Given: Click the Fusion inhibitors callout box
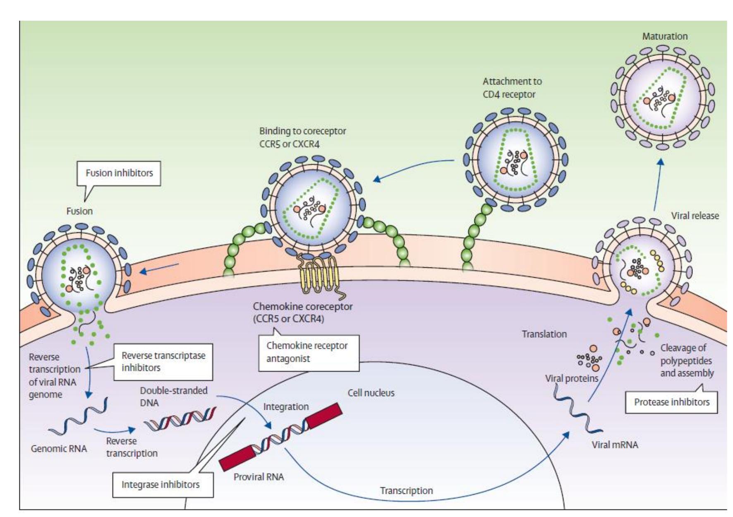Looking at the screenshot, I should [119, 173].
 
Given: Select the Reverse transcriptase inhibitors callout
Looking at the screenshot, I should [163, 361].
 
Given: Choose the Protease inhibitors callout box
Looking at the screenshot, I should [671, 402].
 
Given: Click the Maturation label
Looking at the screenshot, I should [665, 36].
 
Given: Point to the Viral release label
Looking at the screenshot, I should [695, 216].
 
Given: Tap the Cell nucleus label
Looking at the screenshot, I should [371, 393].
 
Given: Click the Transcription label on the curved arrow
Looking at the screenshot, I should [406, 491].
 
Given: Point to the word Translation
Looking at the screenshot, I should [544, 334].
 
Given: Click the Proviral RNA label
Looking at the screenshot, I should [259, 477].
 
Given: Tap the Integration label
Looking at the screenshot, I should [286, 406].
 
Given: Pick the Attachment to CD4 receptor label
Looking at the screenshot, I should [512, 88].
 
